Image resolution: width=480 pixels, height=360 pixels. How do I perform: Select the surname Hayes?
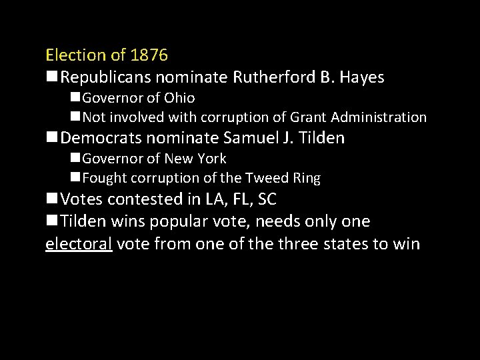[x=362, y=77]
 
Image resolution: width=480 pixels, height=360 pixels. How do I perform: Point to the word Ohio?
[x=179, y=98]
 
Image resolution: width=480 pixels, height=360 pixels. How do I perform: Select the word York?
[x=211, y=159]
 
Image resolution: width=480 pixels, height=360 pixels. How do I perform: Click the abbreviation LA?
[x=205, y=199]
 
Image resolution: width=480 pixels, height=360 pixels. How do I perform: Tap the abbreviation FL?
[x=235, y=199]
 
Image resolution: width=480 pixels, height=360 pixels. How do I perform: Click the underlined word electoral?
[x=78, y=243]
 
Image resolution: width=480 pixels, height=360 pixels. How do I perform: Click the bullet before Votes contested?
[x=51, y=199]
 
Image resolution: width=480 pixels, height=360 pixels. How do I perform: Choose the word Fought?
[x=105, y=178]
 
